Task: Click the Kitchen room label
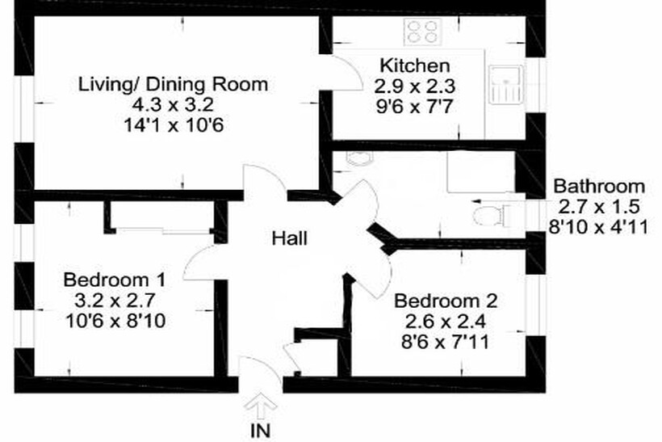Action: [x=415, y=66]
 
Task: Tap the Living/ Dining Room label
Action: [x=173, y=85]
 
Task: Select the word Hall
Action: [x=289, y=238]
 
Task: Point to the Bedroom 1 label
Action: [x=114, y=280]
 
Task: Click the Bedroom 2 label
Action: [x=446, y=301]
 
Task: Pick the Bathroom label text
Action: [x=599, y=187]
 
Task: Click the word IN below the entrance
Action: [x=260, y=431]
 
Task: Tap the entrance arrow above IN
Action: [x=261, y=406]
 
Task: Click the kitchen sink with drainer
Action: [x=506, y=84]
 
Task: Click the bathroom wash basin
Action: [x=360, y=158]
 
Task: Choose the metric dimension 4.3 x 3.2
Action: [x=173, y=105]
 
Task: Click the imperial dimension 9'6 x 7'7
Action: [x=415, y=106]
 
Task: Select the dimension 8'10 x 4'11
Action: [x=599, y=227]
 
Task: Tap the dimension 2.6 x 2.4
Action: [x=446, y=322]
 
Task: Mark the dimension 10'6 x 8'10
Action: [x=115, y=321]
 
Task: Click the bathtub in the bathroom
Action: [x=481, y=171]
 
